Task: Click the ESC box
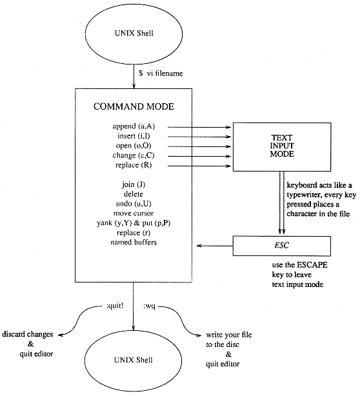(282, 245)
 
